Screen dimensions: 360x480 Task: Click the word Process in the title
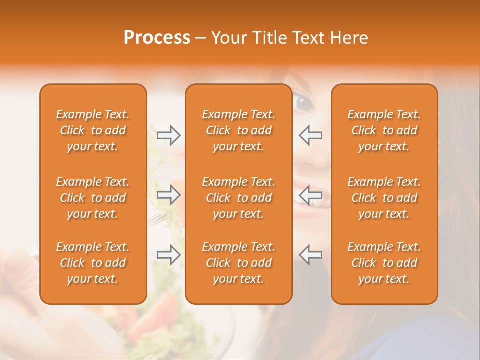point(157,38)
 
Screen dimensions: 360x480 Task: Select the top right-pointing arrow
point(169,135)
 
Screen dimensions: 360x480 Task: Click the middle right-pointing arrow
point(169,195)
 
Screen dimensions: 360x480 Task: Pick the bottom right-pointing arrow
point(169,254)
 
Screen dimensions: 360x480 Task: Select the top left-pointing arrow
point(310,135)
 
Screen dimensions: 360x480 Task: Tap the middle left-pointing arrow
point(310,195)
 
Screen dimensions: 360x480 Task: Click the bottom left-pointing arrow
point(310,254)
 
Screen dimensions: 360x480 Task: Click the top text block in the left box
point(93,130)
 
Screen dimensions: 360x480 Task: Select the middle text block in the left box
point(93,198)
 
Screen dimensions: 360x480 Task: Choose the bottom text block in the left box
point(93,263)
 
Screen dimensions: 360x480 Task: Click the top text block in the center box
point(238,130)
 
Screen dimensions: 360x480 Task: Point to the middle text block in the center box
point(238,198)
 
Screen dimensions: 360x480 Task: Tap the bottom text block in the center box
point(238,263)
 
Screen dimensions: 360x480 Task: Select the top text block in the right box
point(384,130)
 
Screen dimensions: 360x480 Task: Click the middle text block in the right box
point(384,198)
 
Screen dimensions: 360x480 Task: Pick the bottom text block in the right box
point(384,263)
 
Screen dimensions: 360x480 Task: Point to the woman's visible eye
point(304,103)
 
